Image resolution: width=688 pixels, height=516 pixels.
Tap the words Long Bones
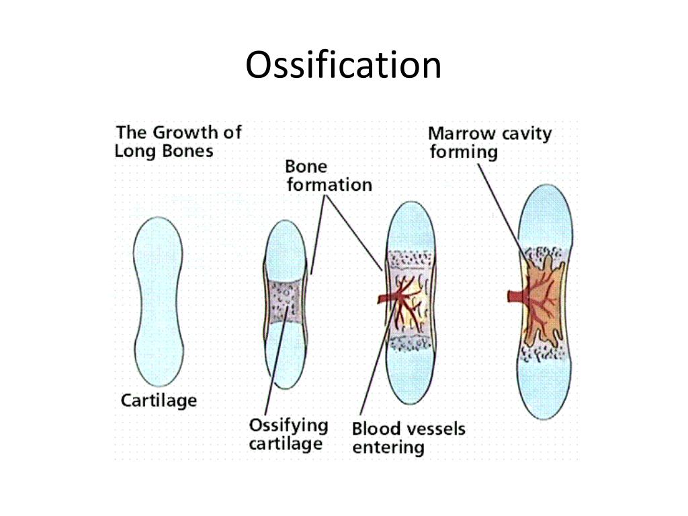pos(163,150)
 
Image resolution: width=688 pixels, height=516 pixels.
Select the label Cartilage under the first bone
pos(159,401)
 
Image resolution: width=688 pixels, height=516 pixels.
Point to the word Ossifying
pos(288,425)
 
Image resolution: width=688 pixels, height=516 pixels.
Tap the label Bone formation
pos(328,175)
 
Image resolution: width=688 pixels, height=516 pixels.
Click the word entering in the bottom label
pos(388,448)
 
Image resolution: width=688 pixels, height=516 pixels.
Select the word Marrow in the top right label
pos(459,133)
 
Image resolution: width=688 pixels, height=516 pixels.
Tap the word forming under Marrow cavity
pos(464,152)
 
